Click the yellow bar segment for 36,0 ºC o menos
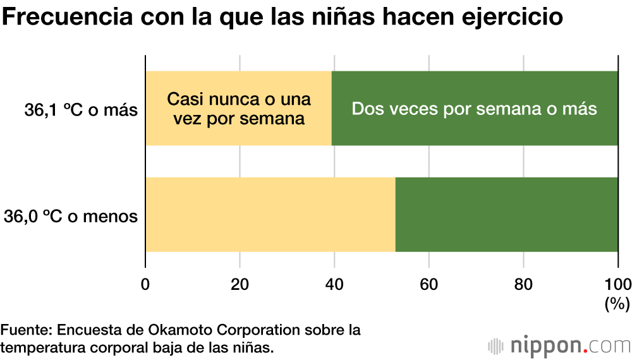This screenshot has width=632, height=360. click(270, 215)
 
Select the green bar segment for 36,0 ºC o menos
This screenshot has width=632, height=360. click(506, 215)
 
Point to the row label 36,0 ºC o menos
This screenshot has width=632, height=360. click(71, 216)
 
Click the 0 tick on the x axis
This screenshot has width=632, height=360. click(146, 284)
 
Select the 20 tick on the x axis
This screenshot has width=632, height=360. click(240, 284)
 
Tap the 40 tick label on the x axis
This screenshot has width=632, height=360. click(334, 284)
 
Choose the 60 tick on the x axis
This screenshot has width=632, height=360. click(429, 284)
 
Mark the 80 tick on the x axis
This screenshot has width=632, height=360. click(523, 284)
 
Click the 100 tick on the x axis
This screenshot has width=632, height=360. click(617, 284)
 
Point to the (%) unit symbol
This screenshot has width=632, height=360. click(617, 304)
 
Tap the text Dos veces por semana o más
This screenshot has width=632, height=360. click(475, 109)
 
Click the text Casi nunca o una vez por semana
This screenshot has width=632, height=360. click(238, 109)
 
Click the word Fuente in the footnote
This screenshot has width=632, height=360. click(25, 330)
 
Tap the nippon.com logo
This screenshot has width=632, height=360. click(559, 345)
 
